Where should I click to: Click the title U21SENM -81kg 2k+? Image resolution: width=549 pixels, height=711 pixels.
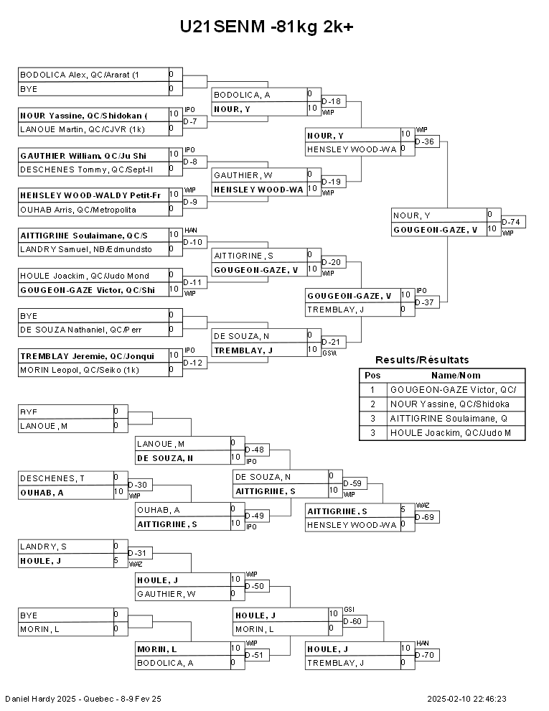tap(266, 27)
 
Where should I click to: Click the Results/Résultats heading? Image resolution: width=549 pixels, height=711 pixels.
tap(422, 360)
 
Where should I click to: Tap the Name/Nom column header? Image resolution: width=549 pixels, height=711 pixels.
tap(455, 376)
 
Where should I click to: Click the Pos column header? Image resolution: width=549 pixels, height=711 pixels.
tap(372, 376)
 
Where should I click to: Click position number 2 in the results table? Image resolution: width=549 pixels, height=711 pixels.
tap(372, 404)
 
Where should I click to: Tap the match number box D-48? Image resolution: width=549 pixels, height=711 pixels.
tap(255, 450)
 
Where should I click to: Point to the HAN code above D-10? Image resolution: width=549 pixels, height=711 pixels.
tap(190, 230)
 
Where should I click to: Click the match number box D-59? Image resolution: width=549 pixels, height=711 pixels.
tap(355, 483)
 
